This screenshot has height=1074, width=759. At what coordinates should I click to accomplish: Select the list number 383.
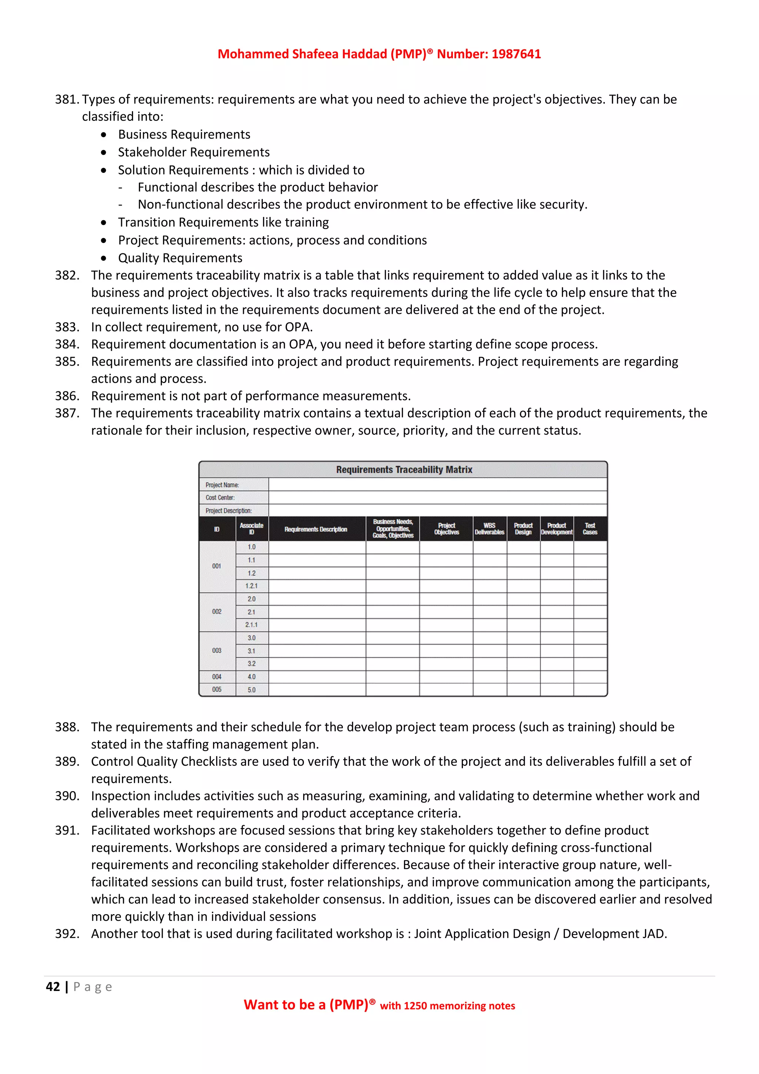pos(67,327)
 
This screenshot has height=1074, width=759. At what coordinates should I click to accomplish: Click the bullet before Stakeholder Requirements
pos(104,152)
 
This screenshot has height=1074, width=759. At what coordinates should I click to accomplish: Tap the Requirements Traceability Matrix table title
pos(404,470)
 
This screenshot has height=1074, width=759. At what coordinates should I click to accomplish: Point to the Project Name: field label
pos(222,485)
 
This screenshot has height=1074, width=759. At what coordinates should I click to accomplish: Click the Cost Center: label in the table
pos(220,498)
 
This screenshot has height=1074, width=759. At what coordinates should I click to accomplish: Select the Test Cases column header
pos(590,529)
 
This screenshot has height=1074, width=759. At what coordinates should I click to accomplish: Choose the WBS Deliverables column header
pos(489,529)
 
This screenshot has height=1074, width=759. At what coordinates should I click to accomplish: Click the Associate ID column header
pos(251,529)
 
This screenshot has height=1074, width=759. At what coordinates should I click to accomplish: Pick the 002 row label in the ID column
pos(217,612)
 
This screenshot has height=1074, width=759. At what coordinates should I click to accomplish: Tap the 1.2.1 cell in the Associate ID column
pos(251,586)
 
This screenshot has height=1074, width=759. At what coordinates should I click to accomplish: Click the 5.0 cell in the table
pos(251,690)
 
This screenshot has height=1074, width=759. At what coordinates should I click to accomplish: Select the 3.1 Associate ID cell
pos(251,651)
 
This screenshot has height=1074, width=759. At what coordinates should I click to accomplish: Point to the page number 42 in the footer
pos(53,987)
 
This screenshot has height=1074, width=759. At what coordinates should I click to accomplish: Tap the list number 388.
pos(67,727)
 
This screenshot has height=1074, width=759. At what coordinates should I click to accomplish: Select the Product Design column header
pos(523,529)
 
